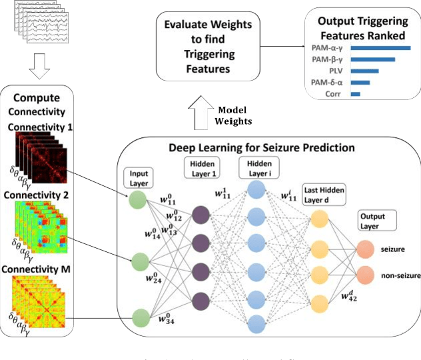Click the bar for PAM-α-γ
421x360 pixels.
(380, 48)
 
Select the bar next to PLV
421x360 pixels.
(364, 71)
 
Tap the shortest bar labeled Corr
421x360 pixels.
(355, 94)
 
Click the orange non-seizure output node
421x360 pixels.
(365, 274)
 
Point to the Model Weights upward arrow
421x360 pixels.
(200, 114)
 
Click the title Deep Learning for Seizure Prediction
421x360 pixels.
(270, 147)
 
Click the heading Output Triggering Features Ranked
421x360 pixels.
(362, 25)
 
